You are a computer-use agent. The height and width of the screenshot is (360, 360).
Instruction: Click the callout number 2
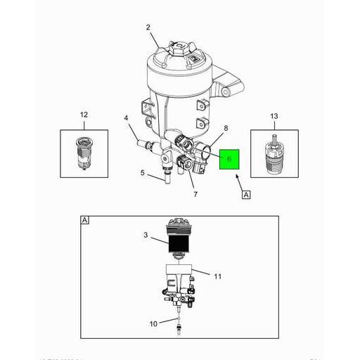(148, 27)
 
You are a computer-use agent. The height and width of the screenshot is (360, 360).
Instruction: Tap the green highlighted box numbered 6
(229, 161)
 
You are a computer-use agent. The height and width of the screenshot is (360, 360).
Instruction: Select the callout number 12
(84, 115)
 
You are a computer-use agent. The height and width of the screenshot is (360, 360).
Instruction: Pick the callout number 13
(274, 115)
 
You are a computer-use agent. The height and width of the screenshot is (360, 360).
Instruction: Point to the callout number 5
(142, 173)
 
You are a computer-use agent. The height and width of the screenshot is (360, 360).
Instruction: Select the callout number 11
(217, 276)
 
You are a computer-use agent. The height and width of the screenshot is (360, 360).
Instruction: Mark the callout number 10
(153, 324)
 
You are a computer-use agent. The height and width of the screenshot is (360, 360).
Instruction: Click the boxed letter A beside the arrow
(247, 195)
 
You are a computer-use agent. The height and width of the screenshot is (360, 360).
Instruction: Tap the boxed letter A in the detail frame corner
(85, 220)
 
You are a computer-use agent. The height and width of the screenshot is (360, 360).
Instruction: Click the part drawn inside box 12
(84, 150)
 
